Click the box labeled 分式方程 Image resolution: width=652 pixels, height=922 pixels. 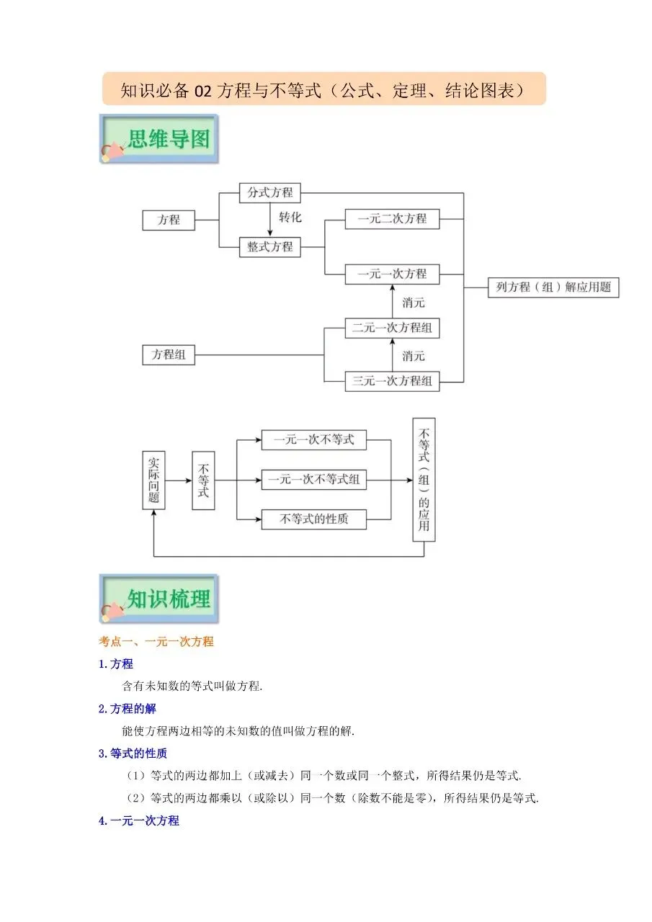coord(270,192)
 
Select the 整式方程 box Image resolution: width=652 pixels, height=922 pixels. coord(270,247)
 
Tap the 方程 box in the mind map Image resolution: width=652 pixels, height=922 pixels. coord(169,220)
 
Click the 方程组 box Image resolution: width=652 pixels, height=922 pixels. coord(169,354)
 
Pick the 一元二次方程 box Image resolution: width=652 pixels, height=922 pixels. coord(392,218)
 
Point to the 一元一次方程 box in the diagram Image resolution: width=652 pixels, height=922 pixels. coord(392,274)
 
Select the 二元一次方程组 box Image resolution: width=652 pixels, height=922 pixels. coord(392,328)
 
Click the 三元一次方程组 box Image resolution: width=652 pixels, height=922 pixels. coord(392,380)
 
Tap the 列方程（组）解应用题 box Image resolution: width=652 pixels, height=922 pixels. coord(553,287)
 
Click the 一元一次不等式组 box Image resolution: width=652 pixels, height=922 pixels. coord(313,479)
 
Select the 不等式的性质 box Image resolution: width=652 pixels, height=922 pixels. coord(313,519)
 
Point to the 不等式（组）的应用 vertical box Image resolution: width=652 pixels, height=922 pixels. coord(424,480)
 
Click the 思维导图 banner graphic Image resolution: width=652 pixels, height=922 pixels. coord(159,138)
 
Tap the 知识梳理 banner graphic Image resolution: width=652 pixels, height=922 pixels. coord(159,599)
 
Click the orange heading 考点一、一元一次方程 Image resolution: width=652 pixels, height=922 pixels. coord(156,641)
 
